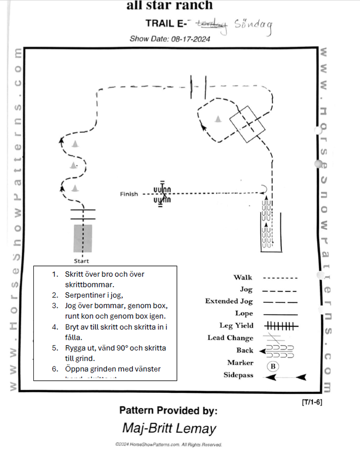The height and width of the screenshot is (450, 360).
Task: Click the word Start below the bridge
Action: pyautogui.click(x=81, y=261)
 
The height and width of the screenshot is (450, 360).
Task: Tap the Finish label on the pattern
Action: pyautogui.click(x=128, y=194)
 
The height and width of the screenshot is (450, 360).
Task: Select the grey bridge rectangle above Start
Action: pyautogui.click(x=83, y=238)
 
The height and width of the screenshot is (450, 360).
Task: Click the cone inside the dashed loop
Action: pyautogui.click(x=218, y=119)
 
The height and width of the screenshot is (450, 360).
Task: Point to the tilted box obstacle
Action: pyautogui.click(x=247, y=124)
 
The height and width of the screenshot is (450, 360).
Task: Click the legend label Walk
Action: pyautogui.click(x=243, y=278)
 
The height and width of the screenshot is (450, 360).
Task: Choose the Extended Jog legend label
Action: pyautogui.click(x=229, y=301)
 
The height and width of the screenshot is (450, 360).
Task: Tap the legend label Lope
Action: pyautogui.click(x=244, y=313)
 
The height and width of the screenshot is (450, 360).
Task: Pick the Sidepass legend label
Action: pyautogui.click(x=238, y=375)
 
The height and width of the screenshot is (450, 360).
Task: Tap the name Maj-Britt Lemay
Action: pyautogui.click(x=169, y=428)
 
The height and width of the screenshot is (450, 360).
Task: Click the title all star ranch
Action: pyautogui.click(x=169, y=5)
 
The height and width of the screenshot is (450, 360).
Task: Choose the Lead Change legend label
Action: pyautogui.click(x=230, y=338)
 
